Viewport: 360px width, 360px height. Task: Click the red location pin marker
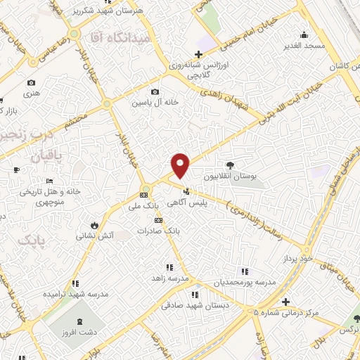pos(181,165)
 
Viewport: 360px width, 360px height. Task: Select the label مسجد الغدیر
pos(304,45)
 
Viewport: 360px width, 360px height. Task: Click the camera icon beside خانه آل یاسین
pos(155,91)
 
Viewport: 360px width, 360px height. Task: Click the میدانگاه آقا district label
pos(124,38)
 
